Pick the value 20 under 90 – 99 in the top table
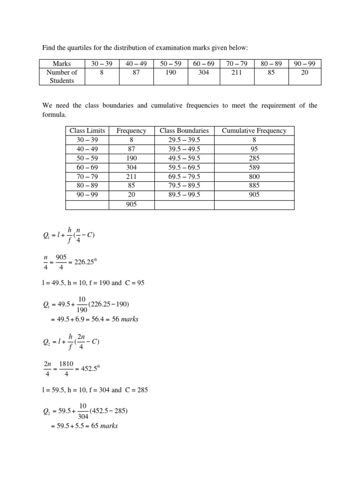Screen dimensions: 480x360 [x=305, y=73]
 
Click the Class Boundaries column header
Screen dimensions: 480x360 [x=184, y=131]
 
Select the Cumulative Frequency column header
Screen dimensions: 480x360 [x=254, y=131]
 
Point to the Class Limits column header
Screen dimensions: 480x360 [x=87, y=131]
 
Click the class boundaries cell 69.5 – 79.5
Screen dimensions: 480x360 [x=184, y=176]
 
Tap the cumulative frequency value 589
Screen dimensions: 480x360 [x=254, y=167]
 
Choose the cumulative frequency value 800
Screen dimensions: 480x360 [x=254, y=176]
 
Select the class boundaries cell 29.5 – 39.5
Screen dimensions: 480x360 [x=184, y=140]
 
